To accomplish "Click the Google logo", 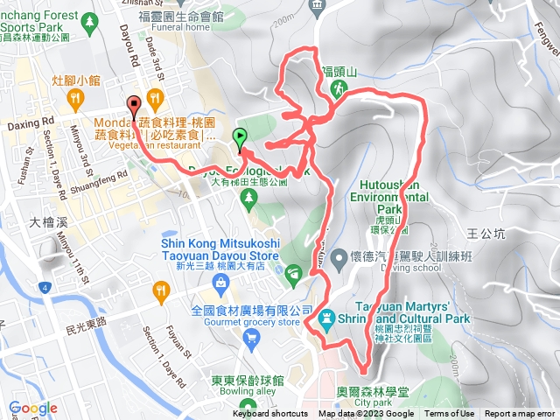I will click(x=33, y=408).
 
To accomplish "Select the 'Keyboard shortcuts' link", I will click(x=269, y=414).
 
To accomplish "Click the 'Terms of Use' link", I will click(x=450, y=414).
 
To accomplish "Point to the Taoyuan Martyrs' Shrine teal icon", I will click(x=326, y=318).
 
